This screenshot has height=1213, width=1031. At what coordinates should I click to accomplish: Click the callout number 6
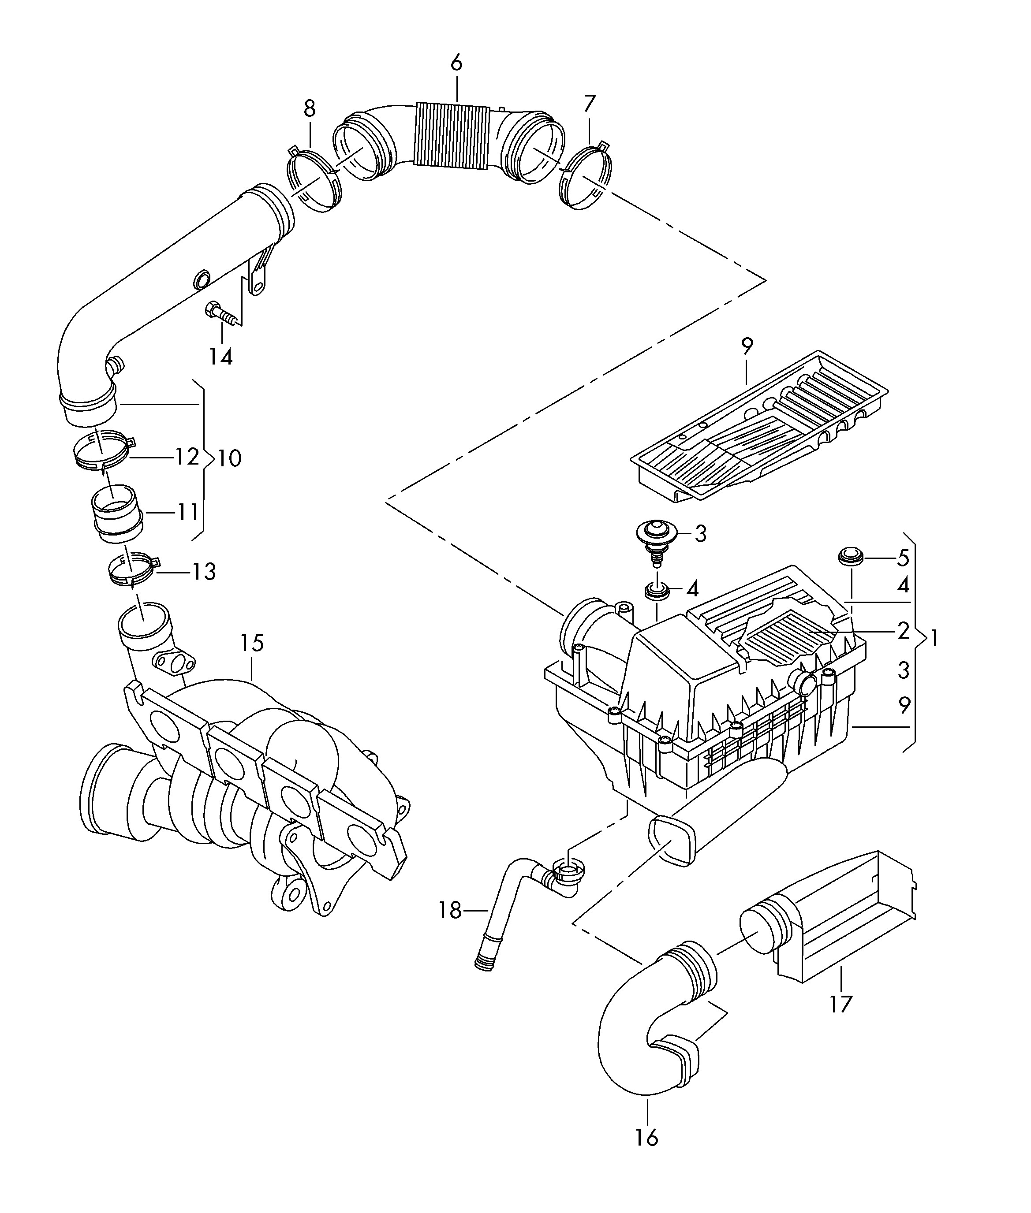[456, 63]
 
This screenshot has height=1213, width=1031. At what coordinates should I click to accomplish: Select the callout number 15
[252, 644]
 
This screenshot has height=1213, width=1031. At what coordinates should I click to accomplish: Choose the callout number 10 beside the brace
[230, 459]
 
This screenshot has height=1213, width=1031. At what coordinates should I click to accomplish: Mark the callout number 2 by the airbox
[904, 631]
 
